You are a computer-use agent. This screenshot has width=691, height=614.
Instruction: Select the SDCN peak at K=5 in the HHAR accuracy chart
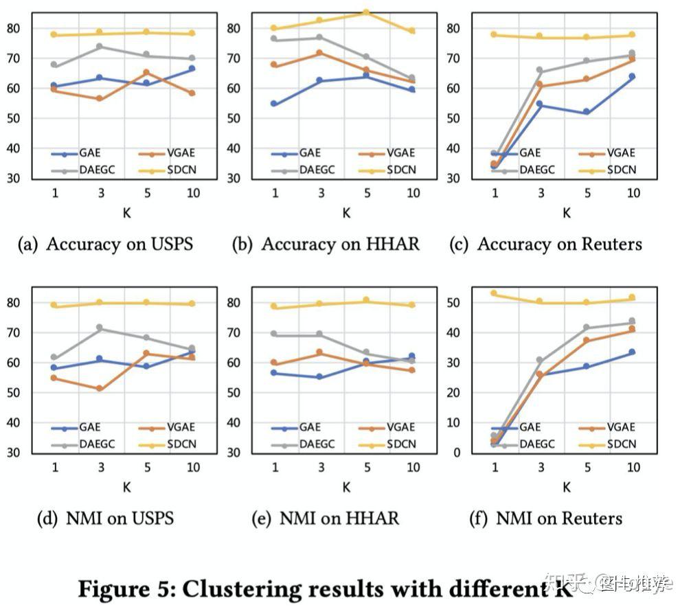click(x=366, y=12)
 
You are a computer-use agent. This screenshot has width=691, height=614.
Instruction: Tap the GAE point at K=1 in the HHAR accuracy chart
click(x=274, y=104)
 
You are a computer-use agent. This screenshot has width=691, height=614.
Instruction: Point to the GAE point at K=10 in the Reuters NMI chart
click(x=632, y=352)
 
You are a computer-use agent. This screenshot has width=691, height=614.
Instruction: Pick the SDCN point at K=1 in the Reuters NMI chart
click(x=493, y=293)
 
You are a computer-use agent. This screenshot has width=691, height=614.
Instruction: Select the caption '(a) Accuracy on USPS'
click(x=105, y=245)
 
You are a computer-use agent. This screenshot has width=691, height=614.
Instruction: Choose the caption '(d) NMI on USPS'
click(x=105, y=518)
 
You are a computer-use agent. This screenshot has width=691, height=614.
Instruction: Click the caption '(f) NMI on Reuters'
click(x=545, y=518)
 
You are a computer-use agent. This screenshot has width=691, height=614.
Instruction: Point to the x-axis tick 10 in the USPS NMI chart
click(x=192, y=468)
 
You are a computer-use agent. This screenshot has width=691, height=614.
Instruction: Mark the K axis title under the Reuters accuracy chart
click(x=566, y=213)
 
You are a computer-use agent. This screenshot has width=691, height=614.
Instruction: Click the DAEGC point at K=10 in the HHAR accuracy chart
click(x=412, y=78)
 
